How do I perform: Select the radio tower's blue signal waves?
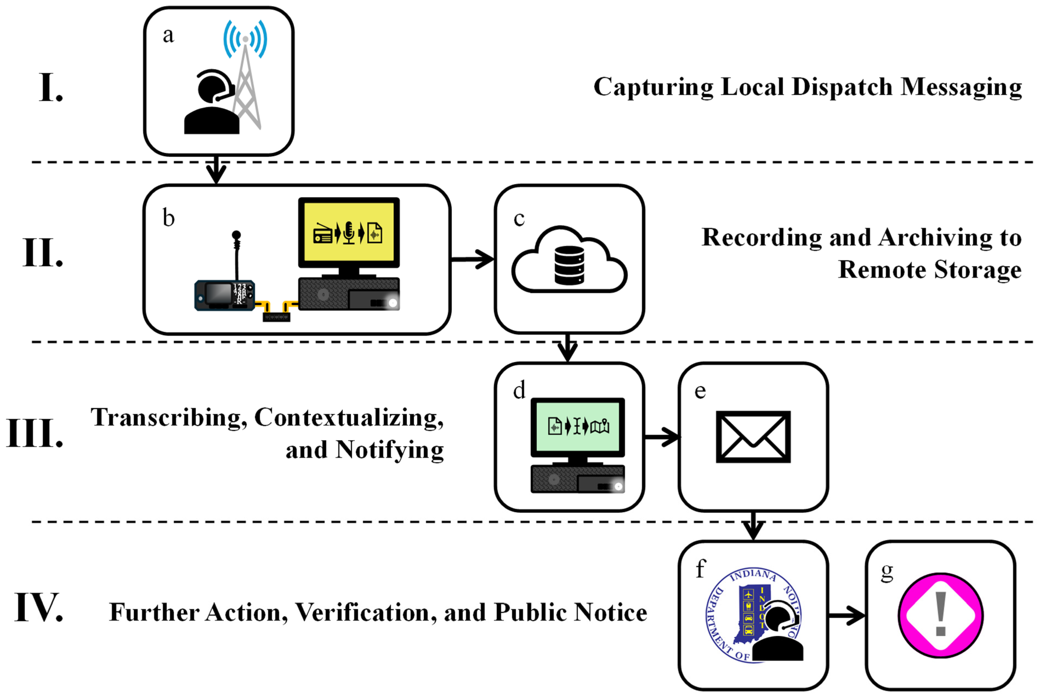point(245,39)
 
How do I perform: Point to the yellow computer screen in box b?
point(349,232)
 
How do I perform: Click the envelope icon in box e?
point(753,437)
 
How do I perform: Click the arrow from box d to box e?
point(661,437)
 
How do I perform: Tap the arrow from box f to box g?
point(847,616)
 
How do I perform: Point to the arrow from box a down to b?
point(216,169)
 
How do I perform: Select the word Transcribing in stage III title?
point(169,418)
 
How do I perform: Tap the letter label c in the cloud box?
point(519,219)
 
